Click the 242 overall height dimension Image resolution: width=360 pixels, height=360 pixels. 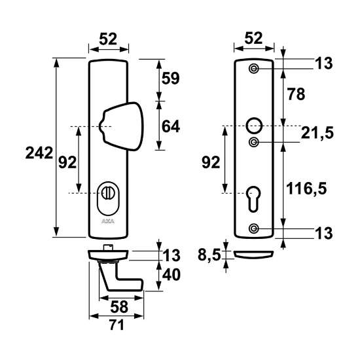(39, 153)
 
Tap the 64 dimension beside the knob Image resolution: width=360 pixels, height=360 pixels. (170, 127)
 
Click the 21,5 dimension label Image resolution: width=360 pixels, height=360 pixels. (318, 134)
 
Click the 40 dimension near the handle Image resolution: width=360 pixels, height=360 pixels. (171, 276)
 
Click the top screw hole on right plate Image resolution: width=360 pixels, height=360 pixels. (254, 69)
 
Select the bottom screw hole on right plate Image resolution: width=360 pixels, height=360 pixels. (254, 227)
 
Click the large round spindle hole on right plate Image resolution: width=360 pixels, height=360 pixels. (254, 124)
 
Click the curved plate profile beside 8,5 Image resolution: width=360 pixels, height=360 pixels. (254, 253)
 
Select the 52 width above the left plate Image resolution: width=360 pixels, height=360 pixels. (108, 39)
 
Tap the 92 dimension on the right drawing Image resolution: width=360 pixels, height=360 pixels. (210, 162)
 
